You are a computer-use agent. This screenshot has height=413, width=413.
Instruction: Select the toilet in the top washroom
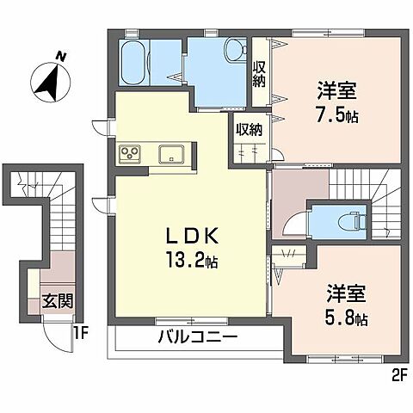pos(232,52)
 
